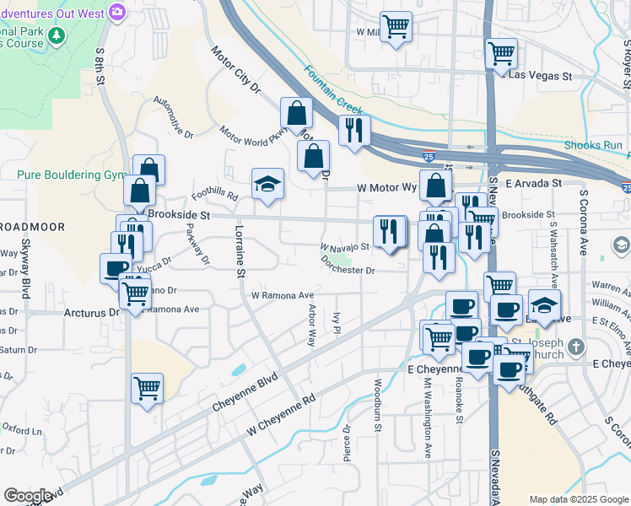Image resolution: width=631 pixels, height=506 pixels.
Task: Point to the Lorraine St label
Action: click(x=240, y=252)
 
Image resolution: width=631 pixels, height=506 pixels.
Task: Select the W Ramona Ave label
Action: click(x=283, y=296)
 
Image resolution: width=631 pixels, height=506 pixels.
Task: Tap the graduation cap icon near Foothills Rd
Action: click(x=267, y=184)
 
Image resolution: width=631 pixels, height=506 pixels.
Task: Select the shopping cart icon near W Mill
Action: click(x=396, y=26)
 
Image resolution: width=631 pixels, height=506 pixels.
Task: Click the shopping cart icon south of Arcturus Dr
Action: click(x=147, y=388)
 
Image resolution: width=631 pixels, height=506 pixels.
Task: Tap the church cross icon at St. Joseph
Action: click(x=575, y=347)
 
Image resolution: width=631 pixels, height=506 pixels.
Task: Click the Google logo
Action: click(x=28, y=496)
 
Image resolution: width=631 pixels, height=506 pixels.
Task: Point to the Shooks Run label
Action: click(x=604, y=145)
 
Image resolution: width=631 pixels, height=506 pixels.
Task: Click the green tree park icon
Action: click(x=57, y=35)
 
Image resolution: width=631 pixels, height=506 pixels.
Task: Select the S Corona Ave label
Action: click(x=583, y=223)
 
